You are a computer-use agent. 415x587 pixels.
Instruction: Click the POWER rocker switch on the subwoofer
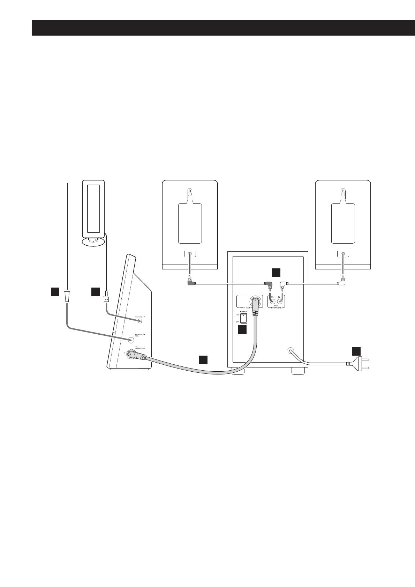244,318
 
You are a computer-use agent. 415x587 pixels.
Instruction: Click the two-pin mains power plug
357,363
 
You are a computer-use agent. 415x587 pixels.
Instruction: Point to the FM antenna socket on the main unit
131,339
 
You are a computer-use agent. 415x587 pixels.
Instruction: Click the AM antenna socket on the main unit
140,320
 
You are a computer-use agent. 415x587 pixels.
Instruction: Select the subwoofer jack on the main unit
131,354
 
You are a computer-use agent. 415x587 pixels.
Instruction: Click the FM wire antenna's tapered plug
67,296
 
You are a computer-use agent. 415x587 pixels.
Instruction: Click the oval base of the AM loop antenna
93,242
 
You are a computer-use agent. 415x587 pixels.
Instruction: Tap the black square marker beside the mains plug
355,351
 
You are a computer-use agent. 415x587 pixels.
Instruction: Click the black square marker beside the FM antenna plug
55,292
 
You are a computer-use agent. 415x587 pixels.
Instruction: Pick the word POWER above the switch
243,312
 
